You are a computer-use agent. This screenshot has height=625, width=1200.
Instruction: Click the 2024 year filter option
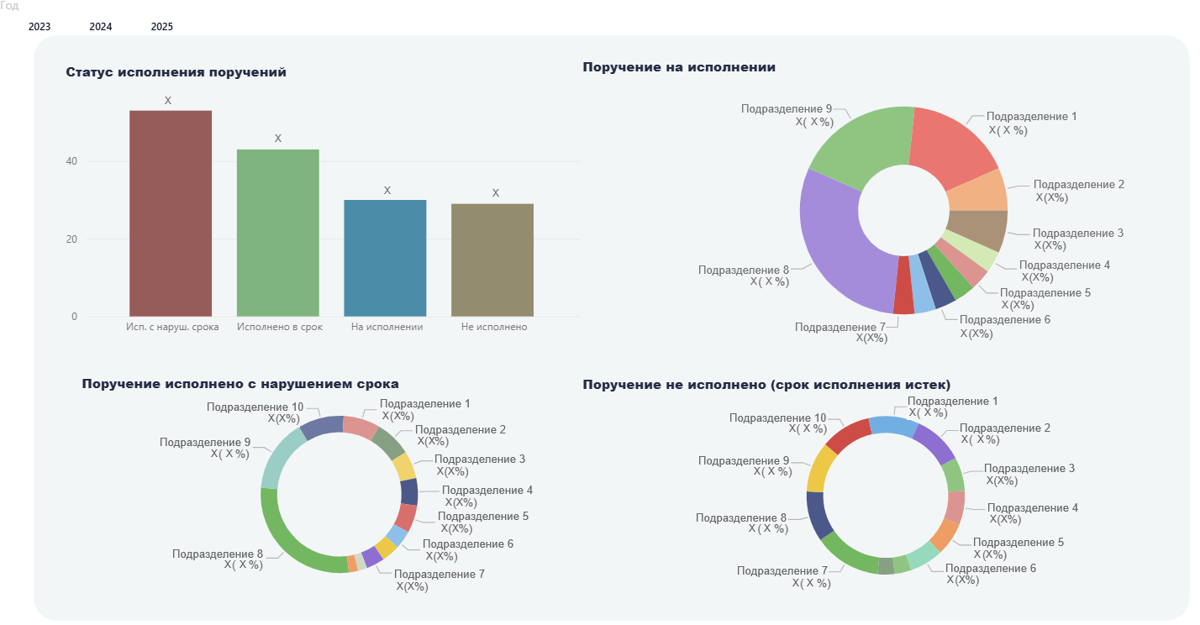coord(101,27)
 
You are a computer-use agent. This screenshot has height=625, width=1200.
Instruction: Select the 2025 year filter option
coord(162,27)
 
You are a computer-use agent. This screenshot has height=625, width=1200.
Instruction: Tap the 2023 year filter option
coord(39,27)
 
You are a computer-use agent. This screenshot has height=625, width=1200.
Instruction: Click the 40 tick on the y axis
coord(73,161)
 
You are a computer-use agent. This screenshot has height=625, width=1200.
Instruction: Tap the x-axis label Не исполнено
coord(494,327)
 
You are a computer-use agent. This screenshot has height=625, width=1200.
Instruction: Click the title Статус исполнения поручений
coord(176,72)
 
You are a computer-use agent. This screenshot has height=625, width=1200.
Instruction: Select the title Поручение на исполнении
coord(679,67)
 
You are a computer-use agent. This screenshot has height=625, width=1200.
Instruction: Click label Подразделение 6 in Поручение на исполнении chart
coord(1004,320)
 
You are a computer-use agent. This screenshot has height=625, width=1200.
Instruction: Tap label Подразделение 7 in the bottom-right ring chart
coord(782,571)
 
